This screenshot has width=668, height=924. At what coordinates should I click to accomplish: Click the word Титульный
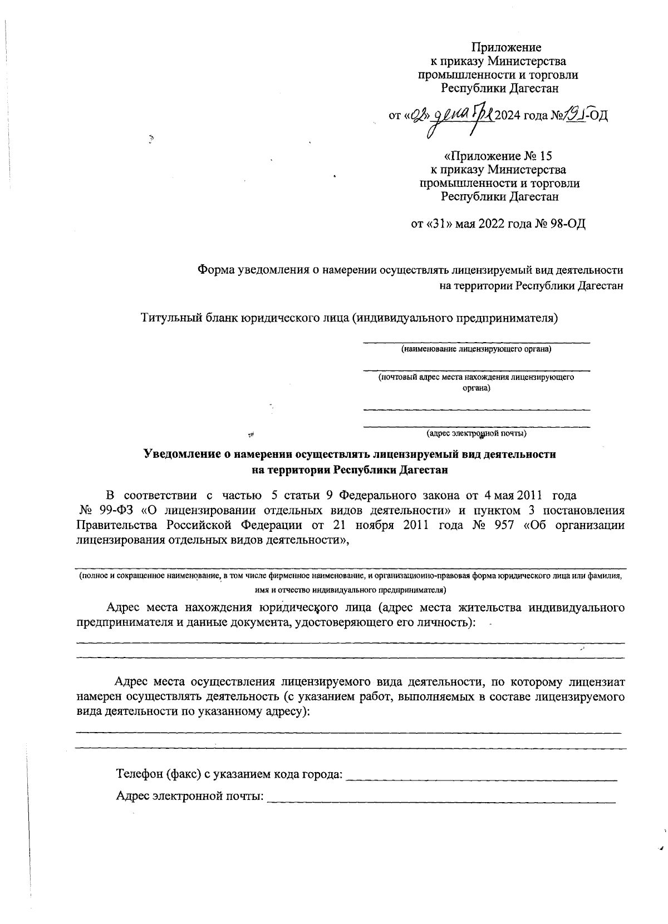(168, 318)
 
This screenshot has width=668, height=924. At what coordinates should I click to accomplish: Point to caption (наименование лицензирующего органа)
(477, 349)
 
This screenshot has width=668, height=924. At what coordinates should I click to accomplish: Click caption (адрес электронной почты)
(477, 433)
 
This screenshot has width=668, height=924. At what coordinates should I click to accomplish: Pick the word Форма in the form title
(216, 270)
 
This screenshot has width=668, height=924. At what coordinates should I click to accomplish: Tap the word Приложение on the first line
(506, 47)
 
